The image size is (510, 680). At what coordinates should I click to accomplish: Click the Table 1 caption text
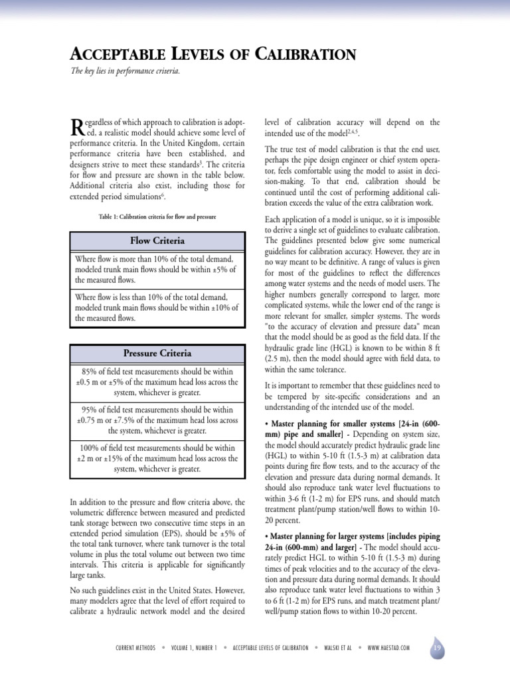tap(157, 217)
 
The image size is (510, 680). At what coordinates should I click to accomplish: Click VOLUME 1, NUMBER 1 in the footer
tap(194, 647)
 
